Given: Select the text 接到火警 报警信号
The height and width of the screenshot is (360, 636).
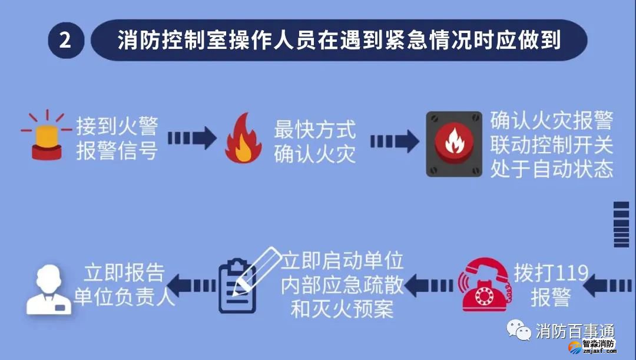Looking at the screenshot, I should [x=117, y=138].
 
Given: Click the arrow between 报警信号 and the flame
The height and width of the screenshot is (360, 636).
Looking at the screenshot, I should [x=192, y=138].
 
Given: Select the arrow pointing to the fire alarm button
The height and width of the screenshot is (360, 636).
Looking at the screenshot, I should [x=394, y=141].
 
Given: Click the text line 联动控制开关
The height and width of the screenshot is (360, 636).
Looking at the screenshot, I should [x=552, y=145].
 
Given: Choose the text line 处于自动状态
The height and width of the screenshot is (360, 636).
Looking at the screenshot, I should [x=552, y=169].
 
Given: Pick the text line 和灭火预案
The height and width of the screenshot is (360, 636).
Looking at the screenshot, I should [x=342, y=309].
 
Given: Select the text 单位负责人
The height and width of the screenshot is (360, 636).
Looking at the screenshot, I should [x=124, y=296].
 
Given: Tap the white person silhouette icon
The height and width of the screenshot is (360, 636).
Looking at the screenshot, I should [x=48, y=289].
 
